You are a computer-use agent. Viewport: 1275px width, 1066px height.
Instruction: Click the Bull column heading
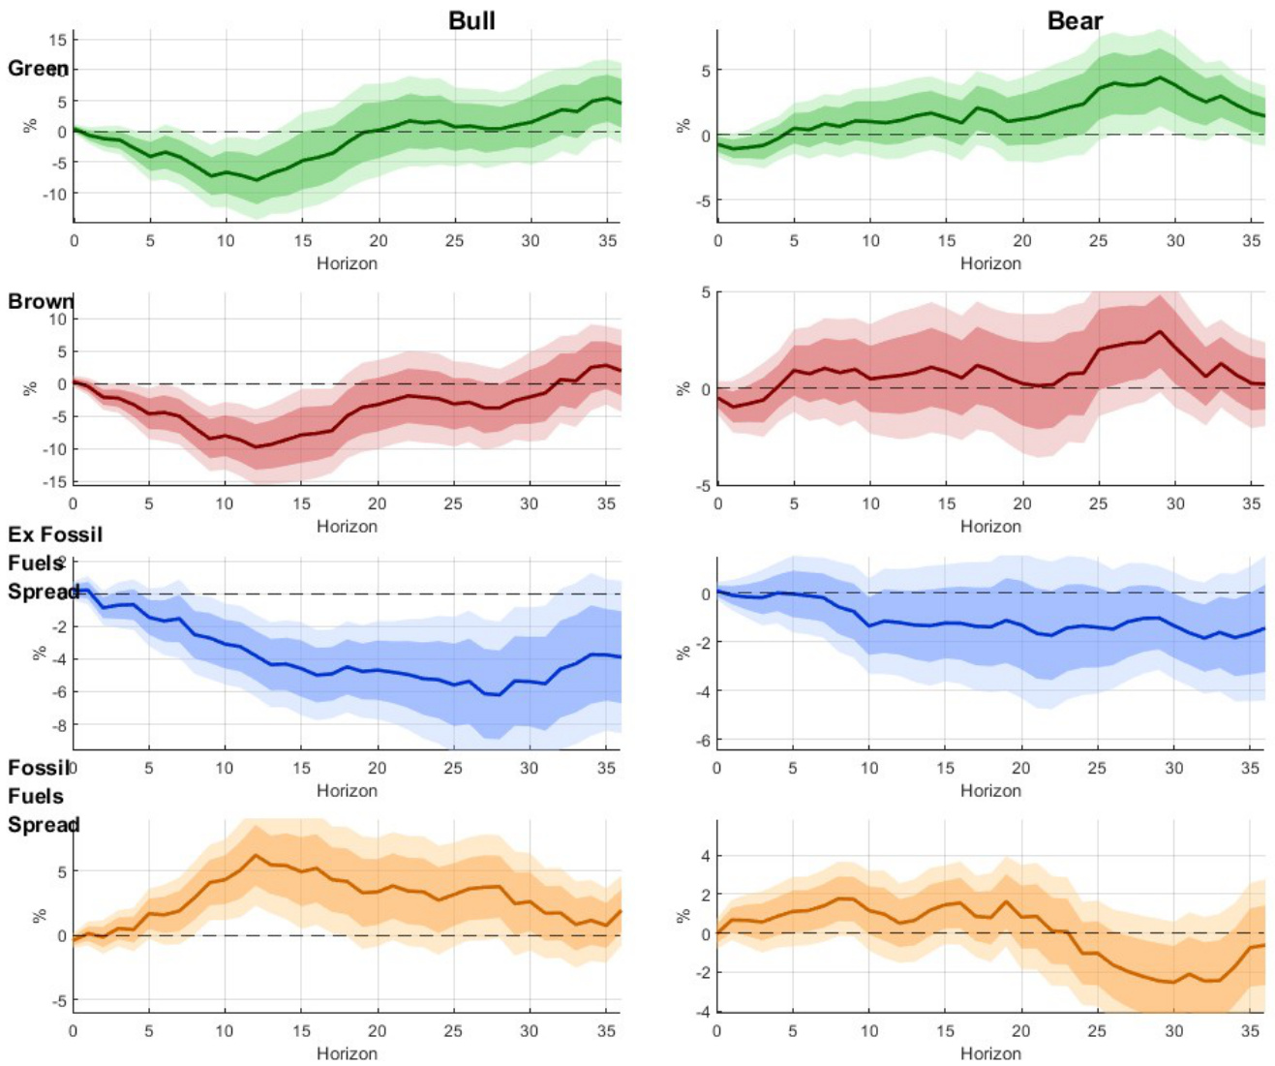pos(471,20)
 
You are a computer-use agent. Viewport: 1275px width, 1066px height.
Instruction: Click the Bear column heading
pos(1075,20)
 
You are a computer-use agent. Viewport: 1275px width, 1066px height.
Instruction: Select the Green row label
pos(38,69)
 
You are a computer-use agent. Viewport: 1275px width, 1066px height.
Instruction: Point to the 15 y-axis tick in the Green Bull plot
pos(58,40)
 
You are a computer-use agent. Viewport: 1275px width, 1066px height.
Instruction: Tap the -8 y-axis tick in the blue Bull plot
pos(59,724)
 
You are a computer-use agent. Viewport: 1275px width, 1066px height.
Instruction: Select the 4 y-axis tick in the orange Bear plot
pos(705,856)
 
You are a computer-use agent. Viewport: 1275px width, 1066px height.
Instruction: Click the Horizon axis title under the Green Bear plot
pos(990,263)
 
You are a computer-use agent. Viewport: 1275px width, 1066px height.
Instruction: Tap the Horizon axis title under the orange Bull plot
pos(347,1053)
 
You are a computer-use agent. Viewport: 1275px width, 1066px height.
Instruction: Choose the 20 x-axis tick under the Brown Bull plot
pos(377,503)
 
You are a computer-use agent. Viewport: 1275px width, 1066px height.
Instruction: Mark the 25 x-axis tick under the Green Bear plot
pos(1098,240)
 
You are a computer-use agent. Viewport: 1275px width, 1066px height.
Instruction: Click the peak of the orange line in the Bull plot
pos(256,855)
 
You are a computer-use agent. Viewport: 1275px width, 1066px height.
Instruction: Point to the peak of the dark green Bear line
pos(1160,77)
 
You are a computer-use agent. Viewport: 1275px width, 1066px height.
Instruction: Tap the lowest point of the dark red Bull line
pos(256,447)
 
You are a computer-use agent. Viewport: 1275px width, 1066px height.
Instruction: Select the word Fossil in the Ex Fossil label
pos(71,534)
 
